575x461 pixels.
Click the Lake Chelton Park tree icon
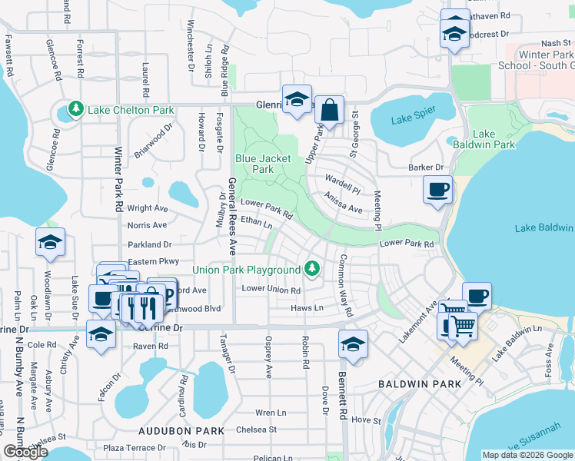[75, 110]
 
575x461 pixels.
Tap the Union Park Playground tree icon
[311, 269]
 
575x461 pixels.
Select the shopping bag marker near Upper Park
[329, 111]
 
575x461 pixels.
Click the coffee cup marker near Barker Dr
[437, 190]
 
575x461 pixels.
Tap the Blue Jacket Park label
[263, 164]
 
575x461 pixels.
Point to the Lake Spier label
[414, 119]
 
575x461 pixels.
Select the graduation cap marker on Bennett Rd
[353, 344]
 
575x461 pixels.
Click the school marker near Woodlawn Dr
[50, 243]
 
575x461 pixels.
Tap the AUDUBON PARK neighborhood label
[181, 432]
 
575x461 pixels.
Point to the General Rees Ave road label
[231, 217]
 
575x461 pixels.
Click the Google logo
[25, 452]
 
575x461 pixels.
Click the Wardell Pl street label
[342, 187]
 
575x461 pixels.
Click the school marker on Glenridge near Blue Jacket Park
[297, 99]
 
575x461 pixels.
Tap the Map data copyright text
[527, 455]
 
